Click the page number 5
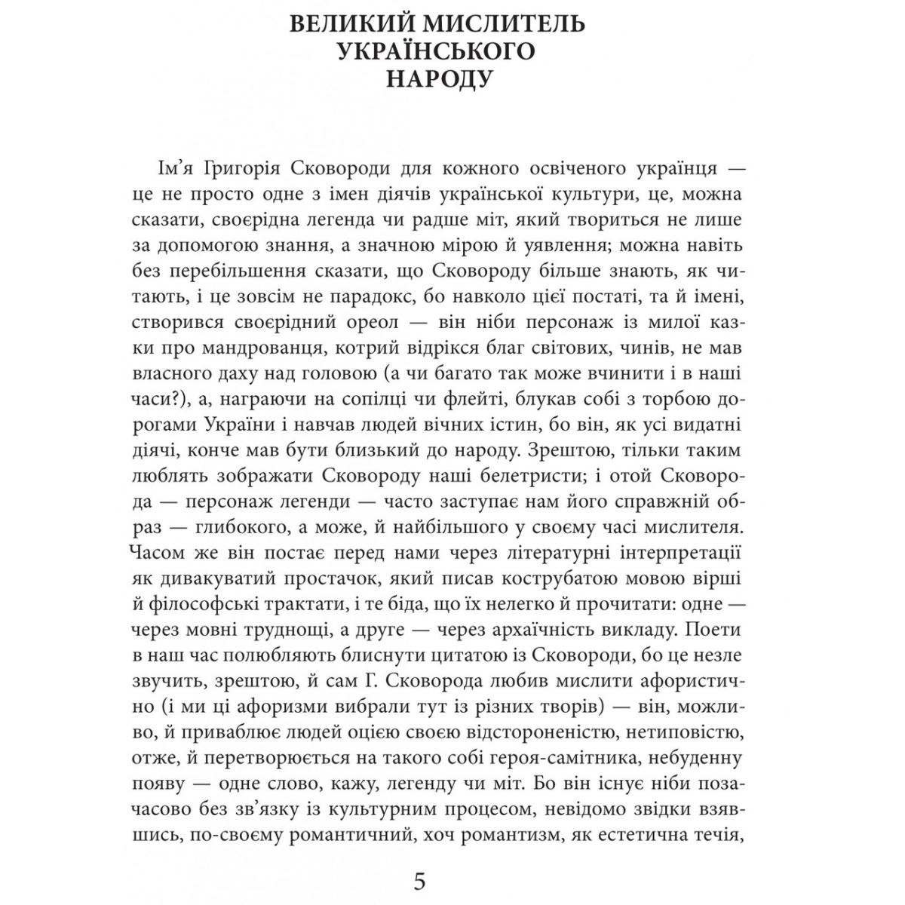(x=421, y=880)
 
